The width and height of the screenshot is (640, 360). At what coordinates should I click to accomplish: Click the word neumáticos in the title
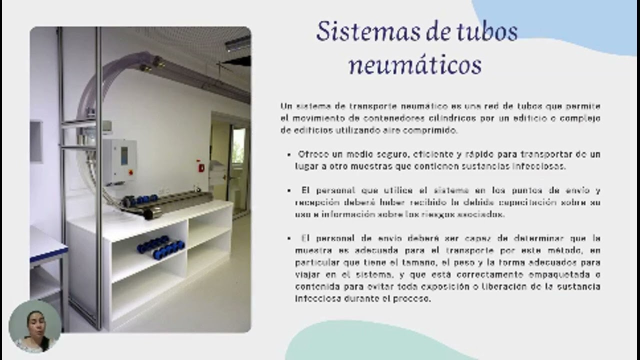[414, 65]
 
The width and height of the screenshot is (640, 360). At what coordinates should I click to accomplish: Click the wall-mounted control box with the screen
[119, 161]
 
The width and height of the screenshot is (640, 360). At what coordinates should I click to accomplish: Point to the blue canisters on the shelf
[160, 247]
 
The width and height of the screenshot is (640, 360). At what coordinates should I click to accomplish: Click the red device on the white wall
[201, 167]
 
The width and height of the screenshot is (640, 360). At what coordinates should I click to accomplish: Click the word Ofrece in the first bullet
[313, 154]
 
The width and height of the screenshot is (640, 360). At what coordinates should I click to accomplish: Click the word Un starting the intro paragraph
[285, 106]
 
